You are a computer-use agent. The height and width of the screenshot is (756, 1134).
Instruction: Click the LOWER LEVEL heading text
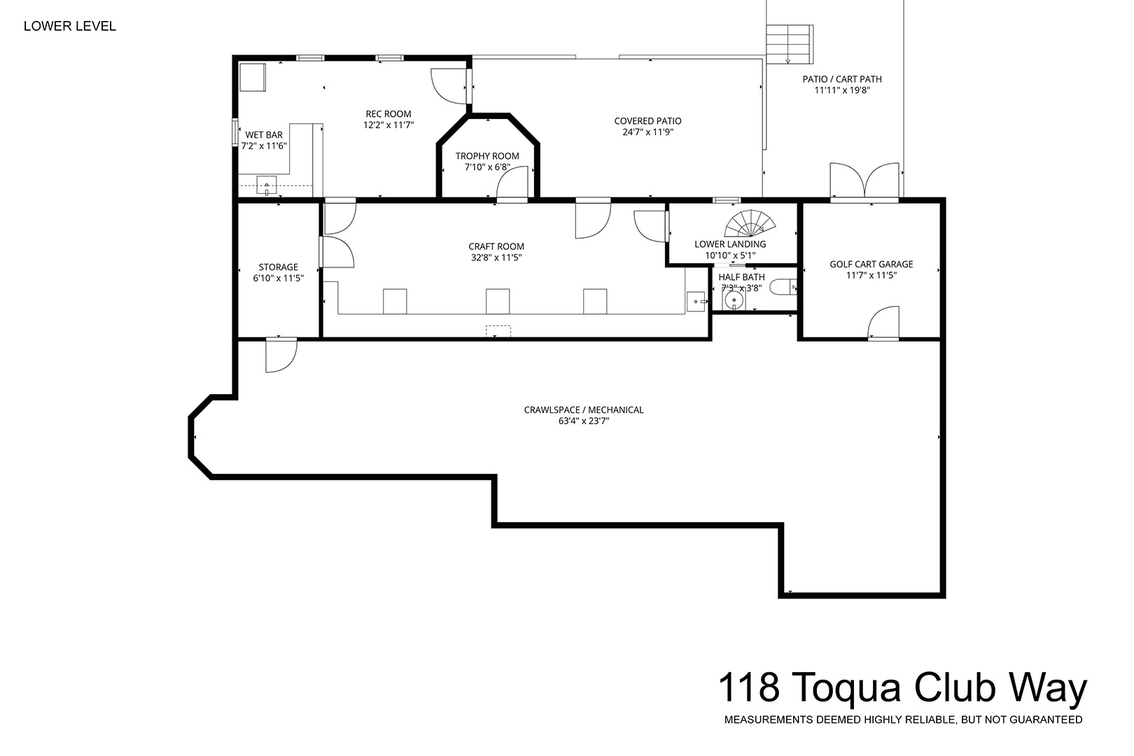click(x=70, y=27)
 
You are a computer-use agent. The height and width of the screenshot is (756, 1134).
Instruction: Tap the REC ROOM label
click(x=388, y=114)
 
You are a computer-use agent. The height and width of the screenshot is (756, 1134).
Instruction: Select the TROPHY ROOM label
click(x=487, y=156)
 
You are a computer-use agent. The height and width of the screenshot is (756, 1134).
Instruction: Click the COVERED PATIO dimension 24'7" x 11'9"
click(x=648, y=132)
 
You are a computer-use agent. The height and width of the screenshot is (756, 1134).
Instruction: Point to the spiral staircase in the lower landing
click(x=750, y=224)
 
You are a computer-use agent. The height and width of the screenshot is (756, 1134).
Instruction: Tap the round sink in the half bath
click(x=733, y=300)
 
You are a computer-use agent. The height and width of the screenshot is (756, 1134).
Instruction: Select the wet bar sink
click(x=266, y=185)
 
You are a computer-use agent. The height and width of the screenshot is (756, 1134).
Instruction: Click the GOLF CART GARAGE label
click(x=871, y=265)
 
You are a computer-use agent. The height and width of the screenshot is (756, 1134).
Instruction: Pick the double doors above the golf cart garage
click(x=864, y=181)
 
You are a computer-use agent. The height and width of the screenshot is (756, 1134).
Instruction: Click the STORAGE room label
click(x=278, y=267)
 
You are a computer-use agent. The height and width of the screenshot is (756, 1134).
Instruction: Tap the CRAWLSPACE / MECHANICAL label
click(x=584, y=409)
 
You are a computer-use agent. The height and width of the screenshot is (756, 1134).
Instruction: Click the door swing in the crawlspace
click(x=281, y=356)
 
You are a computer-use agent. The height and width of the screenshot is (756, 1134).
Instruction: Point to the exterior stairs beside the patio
click(x=789, y=44)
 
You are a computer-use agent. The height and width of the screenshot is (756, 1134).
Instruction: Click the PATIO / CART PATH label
click(x=842, y=79)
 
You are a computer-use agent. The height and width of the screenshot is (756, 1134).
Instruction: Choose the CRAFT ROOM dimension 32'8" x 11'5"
click(x=496, y=258)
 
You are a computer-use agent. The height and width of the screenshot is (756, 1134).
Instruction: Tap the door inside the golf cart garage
click(x=884, y=323)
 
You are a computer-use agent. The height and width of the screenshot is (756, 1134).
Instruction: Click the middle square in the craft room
click(x=498, y=301)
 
